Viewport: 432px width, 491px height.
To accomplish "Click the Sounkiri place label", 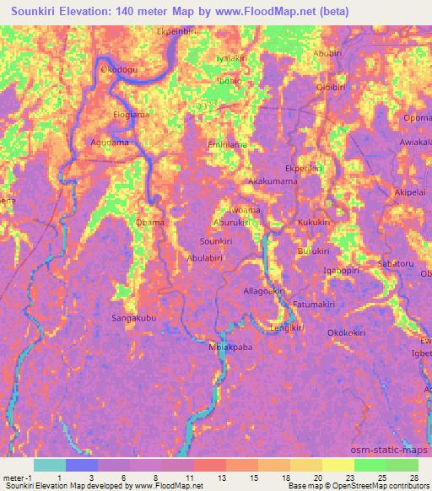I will [215, 241].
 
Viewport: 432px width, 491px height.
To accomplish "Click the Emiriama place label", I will [226, 145].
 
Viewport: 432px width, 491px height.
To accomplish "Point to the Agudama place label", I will [110, 143].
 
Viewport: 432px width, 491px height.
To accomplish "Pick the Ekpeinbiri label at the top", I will [178, 31].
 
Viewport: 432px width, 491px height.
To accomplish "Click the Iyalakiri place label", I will [232, 58].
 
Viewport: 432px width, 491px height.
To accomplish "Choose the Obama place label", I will [149, 223].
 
